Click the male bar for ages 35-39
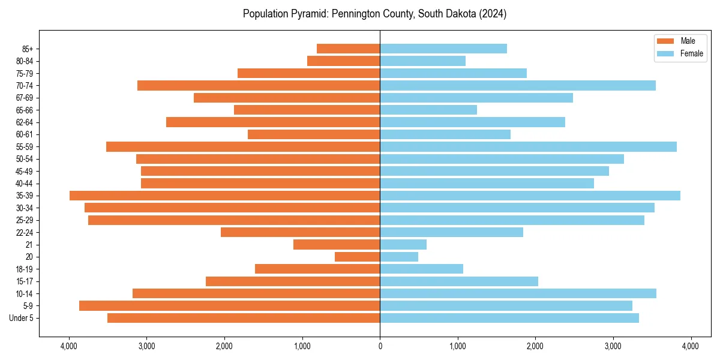(x=225, y=196)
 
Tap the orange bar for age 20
(x=358, y=257)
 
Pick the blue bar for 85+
(x=443, y=49)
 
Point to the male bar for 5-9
(x=230, y=305)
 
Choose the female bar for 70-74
(x=518, y=85)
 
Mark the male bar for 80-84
(x=344, y=61)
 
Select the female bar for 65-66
(x=428, y=110)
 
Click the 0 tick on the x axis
(x=380, y=346)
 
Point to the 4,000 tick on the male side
(x=69, y=346)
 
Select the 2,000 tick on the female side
(x=535, y=346)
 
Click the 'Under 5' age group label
(x=22, y=318)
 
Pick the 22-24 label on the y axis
(x=25, y=232)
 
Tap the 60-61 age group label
(x=25, y=134)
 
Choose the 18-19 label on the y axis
(x=25, y=269)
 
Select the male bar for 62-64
(x=273, y=122)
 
